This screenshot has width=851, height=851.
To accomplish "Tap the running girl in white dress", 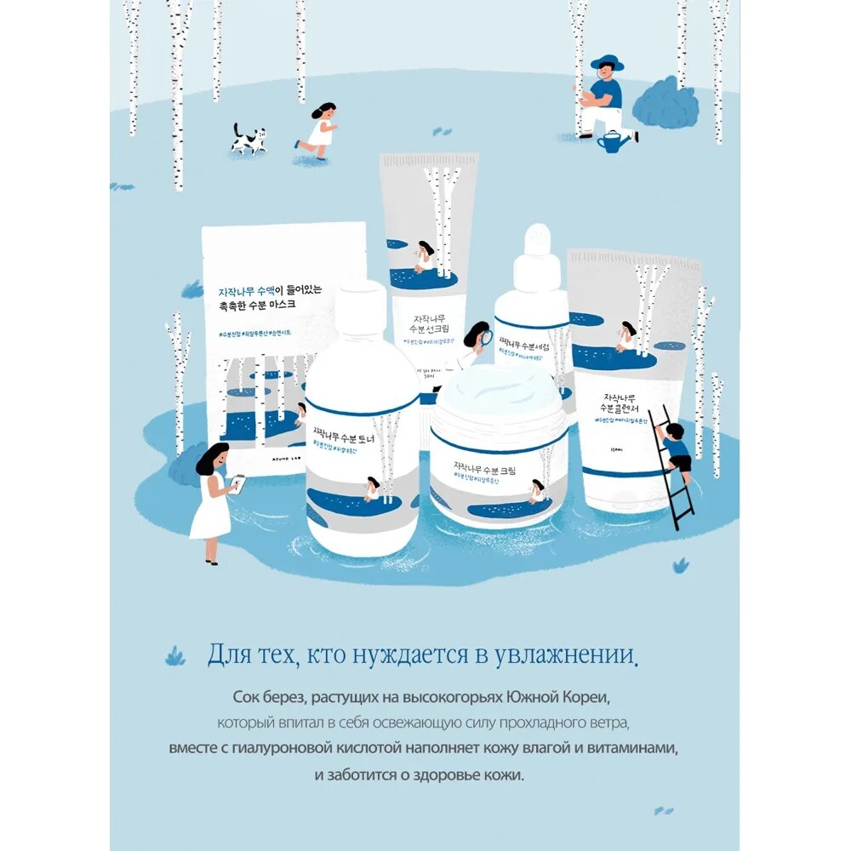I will coord(319,128).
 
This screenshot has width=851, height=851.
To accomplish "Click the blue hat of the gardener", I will coord(607,63).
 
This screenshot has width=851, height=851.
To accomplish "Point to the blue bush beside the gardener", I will coord(665,104).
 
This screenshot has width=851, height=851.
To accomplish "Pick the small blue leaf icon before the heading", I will coord(176,655).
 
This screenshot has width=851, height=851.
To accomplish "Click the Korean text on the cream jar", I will coord(498,466).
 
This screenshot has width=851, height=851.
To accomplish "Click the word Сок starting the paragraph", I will coord(247,697).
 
